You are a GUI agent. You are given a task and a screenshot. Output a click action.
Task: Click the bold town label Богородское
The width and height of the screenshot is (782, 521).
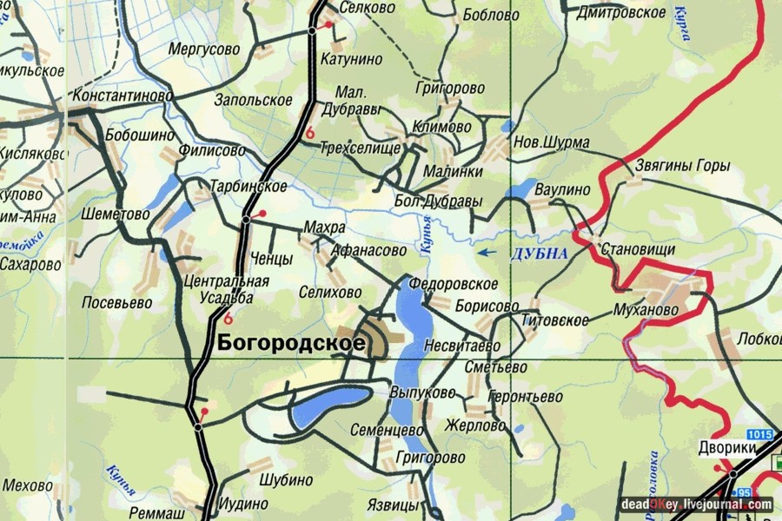pos(290,343)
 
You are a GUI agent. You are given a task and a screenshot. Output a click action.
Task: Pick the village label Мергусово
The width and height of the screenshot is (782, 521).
pos(204,49)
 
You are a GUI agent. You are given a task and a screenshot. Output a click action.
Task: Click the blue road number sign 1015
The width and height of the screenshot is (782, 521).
pos(758,433)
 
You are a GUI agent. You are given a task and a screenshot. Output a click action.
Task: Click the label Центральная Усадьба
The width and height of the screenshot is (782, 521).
pos(227,289)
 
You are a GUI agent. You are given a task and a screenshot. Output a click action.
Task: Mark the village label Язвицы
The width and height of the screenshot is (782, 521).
pos(390,504)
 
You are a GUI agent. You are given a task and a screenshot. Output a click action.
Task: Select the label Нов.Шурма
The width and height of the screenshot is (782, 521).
pos(552,142)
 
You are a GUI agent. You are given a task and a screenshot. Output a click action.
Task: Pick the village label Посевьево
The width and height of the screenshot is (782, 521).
pos(116,303)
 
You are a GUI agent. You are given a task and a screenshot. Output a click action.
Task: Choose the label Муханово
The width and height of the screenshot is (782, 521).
pos(645,310)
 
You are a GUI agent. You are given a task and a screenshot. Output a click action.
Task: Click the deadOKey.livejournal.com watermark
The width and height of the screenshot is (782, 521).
pos(696,504)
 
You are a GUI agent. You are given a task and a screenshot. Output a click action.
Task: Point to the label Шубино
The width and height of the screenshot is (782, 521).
pos(286,480)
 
